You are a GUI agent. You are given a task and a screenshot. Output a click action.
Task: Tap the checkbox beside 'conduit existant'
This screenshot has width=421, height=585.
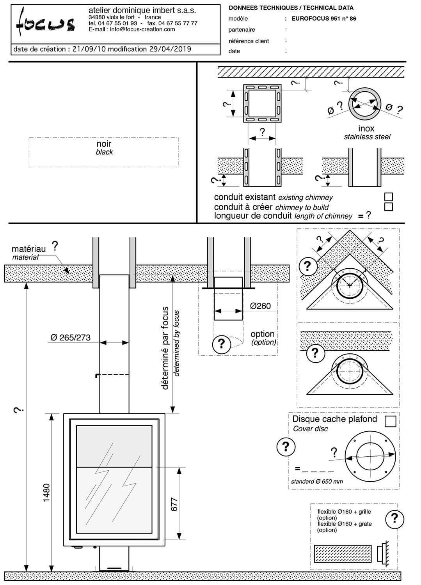(388, 197)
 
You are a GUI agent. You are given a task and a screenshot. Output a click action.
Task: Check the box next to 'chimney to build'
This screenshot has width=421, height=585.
(388, 207)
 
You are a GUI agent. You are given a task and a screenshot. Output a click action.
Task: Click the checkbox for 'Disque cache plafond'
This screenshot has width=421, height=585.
(390, 421)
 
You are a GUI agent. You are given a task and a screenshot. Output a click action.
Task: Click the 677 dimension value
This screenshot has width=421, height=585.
(174, 504)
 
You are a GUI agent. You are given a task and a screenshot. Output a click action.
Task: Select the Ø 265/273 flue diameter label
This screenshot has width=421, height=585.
(71, 338)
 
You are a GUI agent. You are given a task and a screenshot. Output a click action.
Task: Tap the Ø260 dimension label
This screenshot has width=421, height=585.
(260, 306)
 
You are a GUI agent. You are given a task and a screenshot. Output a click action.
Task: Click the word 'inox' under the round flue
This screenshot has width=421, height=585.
(366, 128)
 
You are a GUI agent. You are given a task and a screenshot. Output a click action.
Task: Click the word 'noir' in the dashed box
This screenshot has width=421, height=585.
(104, 144)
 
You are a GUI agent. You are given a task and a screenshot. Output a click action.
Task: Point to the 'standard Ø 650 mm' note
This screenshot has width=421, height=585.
(317, 481)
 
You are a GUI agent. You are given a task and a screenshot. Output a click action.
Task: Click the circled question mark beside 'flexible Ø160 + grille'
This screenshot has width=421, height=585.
(394, 518)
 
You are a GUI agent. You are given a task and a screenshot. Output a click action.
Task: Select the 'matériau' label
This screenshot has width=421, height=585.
(28, 249)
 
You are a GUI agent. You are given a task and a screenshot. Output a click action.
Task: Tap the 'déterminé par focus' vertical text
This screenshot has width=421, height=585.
(165, 348)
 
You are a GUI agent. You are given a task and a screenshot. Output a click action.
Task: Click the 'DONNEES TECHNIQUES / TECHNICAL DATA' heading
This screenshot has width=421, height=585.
(291, 8)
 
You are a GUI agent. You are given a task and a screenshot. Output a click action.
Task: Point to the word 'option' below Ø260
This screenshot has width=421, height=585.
(262, 334)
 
